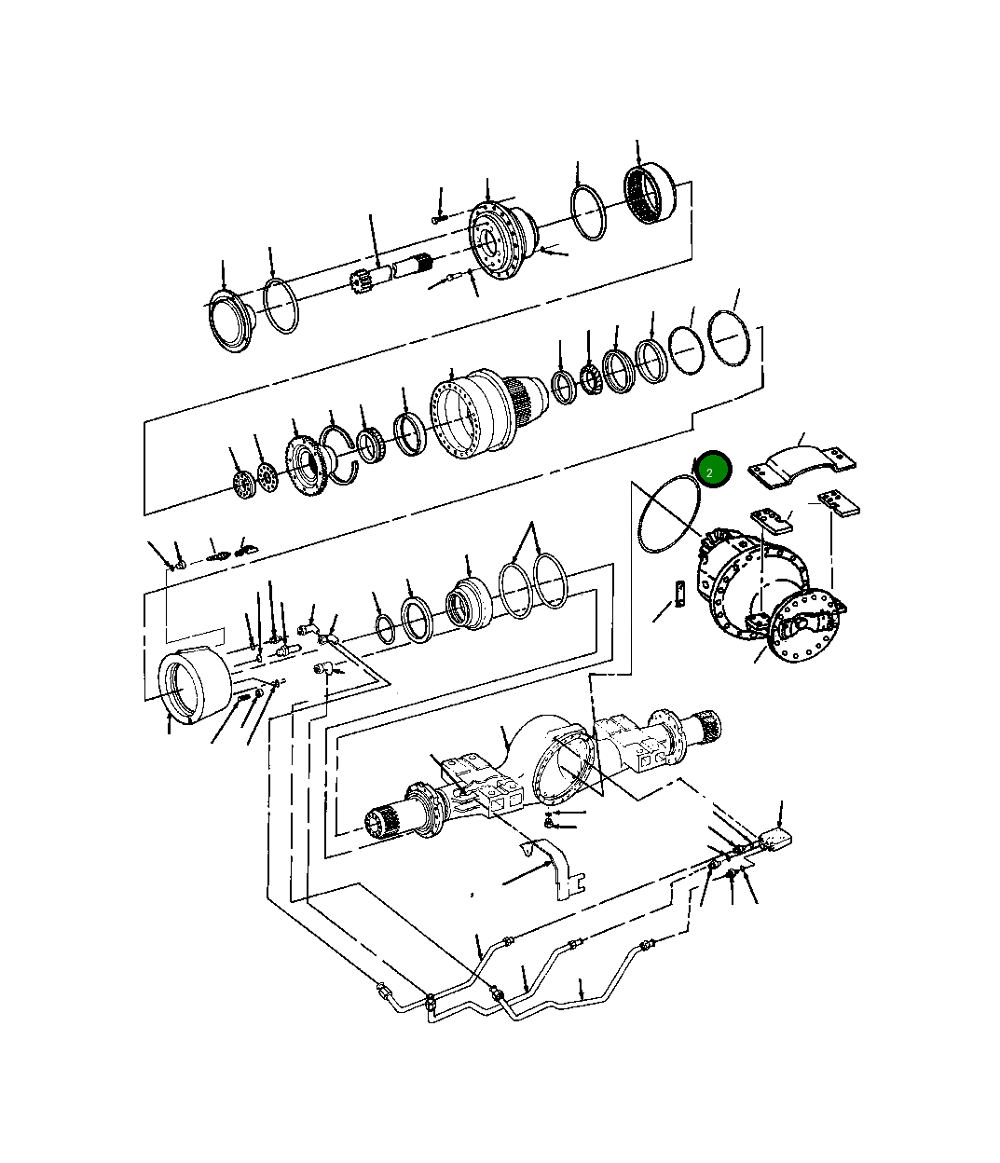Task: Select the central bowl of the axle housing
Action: [x=550, y=759]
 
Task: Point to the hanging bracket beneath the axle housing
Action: [x=557, y=867]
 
